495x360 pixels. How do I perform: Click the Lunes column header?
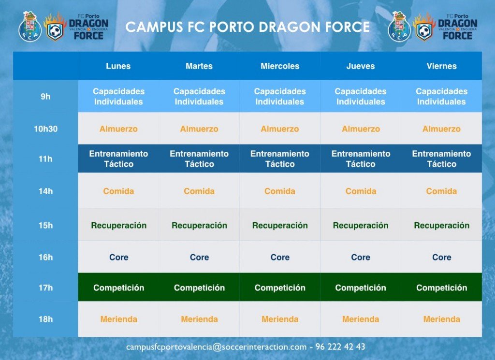(118, 66)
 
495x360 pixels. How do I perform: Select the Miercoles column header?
(280, 66)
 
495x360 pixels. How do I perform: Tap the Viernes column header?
(441, 66)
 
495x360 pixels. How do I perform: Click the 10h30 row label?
(45, 129)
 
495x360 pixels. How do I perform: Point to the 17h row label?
(45, 288)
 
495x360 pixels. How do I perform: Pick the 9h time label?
(45, 97)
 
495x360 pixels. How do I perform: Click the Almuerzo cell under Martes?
(199, 129)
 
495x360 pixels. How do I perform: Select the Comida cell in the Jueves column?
(361, 191)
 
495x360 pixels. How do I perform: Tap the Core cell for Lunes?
(118, 258)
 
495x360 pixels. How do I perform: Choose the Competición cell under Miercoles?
(280, 288)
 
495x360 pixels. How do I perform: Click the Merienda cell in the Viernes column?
(441, 319)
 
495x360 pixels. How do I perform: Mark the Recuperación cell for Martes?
(199, 226)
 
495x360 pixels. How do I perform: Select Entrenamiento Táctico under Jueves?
(361, 159)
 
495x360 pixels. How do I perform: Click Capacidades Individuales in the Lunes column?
(118, 97)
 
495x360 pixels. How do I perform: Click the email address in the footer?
(216, 347)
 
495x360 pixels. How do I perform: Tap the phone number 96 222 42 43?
(340, 347)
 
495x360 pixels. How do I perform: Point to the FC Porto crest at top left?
(30, 27)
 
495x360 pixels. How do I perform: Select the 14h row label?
(45, 191)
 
